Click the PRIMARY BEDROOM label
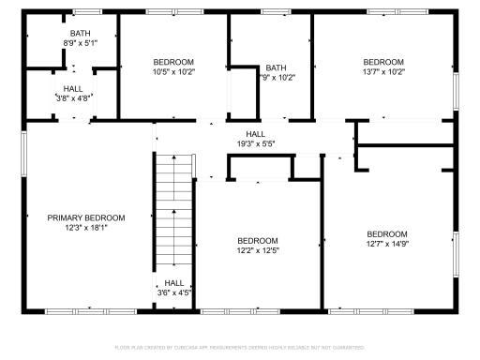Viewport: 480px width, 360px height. pyautogui.click(x=86, y=217)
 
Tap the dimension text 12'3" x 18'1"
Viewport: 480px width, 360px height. pyautogui.click(x=86, y=228)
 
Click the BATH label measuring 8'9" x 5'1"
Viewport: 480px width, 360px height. pyautogui.click(x=67, y=33)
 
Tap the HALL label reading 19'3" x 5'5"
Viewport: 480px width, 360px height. pyautogui.click(x=255, y=134)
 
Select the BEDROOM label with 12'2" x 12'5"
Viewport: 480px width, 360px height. pyautogui.click(x=257, y=240)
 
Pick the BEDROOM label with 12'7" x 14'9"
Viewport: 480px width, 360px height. pyautogui.click(x=386, y=233)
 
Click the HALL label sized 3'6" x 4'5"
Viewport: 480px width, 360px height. pyautogui.click(x=174, y=282)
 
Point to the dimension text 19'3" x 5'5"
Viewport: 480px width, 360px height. pyautogui.click(x=255, y=144)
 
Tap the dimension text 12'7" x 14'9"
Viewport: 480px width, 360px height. pyautogui.click(x=386, y=244)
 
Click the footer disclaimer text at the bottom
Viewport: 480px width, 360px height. pyautogui.click(x=240, y=347)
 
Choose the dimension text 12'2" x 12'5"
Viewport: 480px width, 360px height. pyautogui.click(x=257, y=250)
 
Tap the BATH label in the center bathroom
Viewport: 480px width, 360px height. pyautogui.click(x=276, y=67)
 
